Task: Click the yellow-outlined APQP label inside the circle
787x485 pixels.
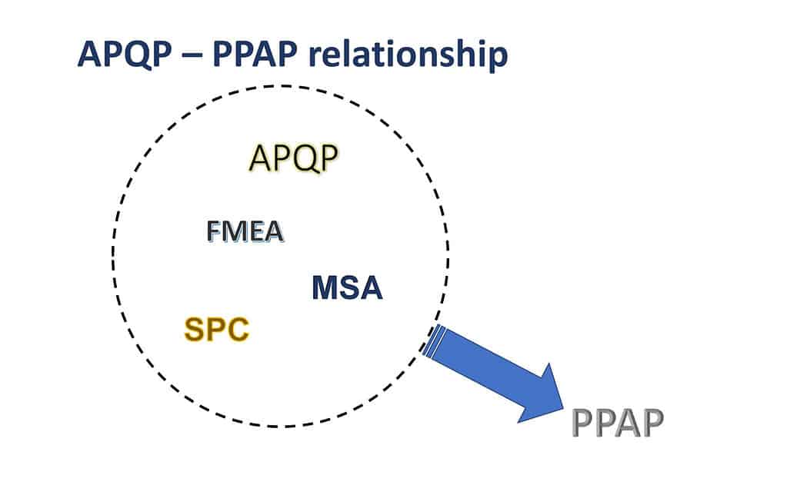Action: [294, 158]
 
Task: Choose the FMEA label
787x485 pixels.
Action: [245, 231]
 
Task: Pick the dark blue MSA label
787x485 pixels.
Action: [347, 288]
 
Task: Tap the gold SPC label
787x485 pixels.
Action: [217, 331]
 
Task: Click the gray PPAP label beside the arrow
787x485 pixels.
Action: [617, 424]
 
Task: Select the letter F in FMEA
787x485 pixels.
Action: [213, 231]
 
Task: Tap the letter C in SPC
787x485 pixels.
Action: [238, 331]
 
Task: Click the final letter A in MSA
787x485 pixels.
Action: [370, 288]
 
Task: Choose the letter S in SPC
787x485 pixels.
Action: [195, 331]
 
